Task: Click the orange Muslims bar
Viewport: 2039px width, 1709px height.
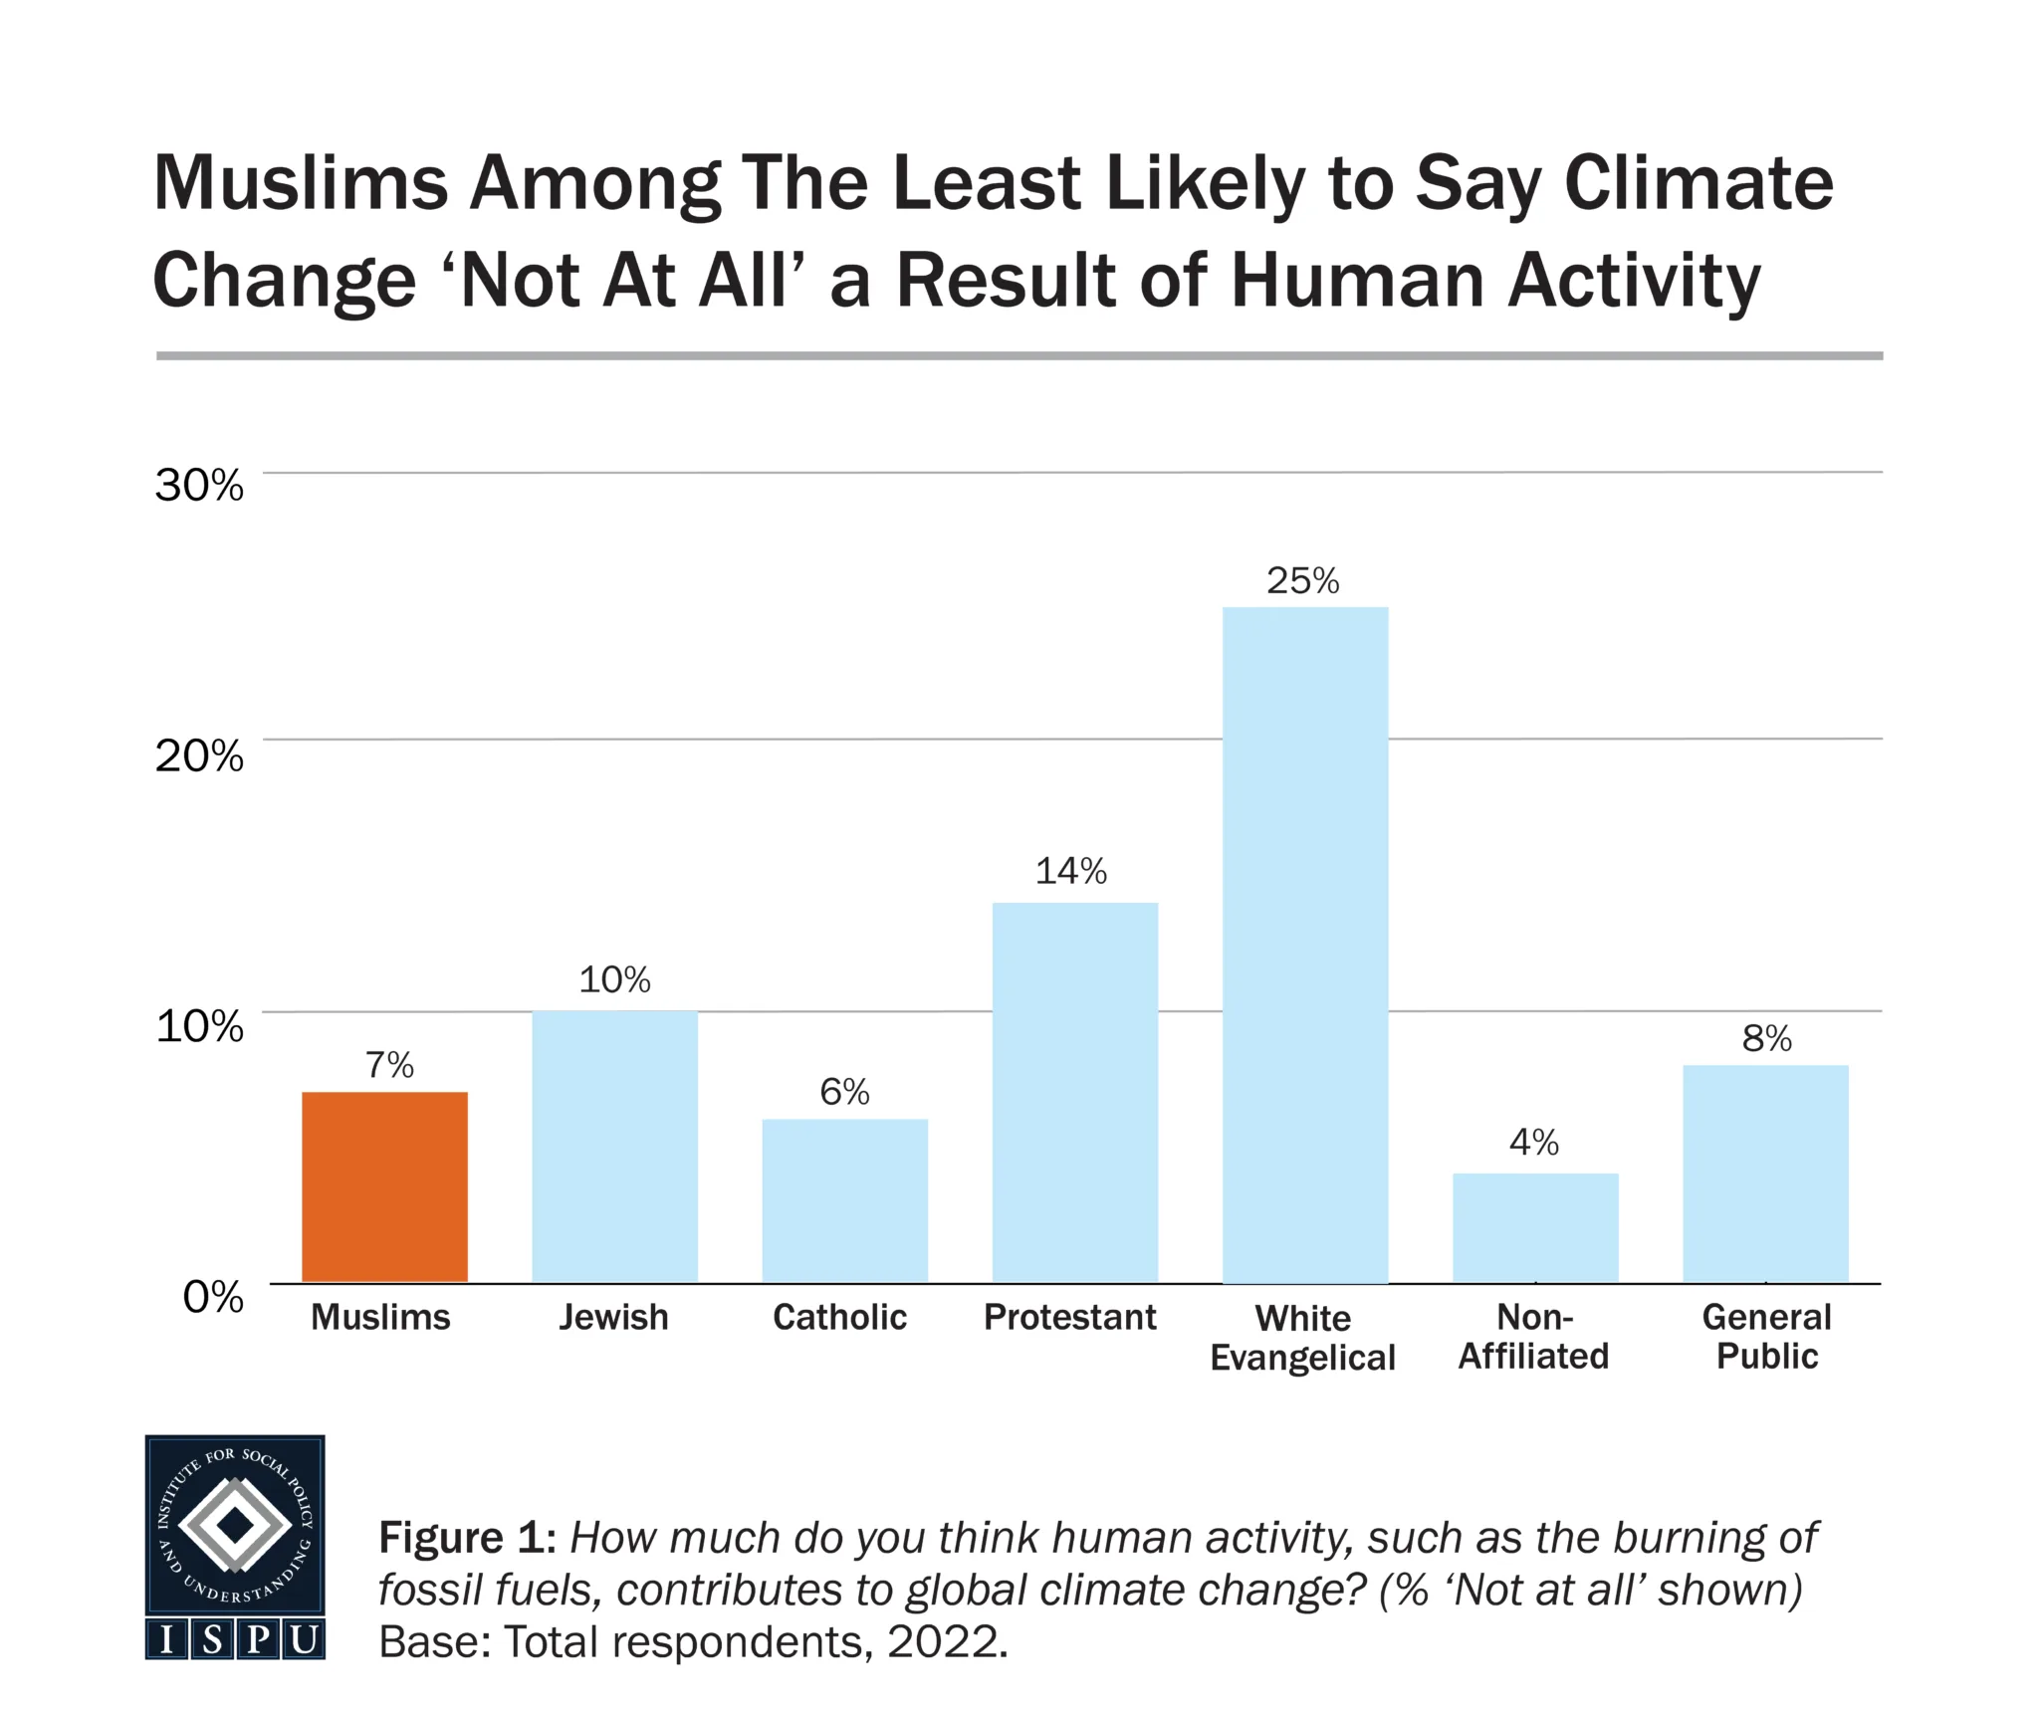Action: [384, 1186]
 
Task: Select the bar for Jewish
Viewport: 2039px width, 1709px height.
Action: [614, 1146]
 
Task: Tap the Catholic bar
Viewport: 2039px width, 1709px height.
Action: [844, 1200]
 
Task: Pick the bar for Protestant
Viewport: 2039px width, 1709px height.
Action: [1074, 1092]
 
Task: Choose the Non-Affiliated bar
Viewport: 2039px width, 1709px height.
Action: [1534, 1227]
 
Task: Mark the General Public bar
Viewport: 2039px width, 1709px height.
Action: [1765, 1174]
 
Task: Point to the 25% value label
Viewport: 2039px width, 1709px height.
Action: [1302, 580]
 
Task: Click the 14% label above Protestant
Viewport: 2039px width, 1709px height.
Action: [1070, 871]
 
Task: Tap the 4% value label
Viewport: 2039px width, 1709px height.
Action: [1533, 1142]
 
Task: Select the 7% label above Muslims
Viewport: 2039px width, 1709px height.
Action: [388, 1065]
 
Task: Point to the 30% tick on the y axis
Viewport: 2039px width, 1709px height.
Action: [199, 485]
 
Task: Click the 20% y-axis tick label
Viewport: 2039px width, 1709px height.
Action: [199, 755]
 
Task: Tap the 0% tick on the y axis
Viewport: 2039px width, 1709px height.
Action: [213, 1296]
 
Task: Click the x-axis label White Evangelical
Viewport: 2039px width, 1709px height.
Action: [1302, 1337]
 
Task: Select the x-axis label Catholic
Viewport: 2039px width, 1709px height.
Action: [839, 1317]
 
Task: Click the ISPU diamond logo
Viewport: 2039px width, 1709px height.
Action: [235, 1524]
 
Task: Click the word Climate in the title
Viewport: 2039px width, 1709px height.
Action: [1698, 183]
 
